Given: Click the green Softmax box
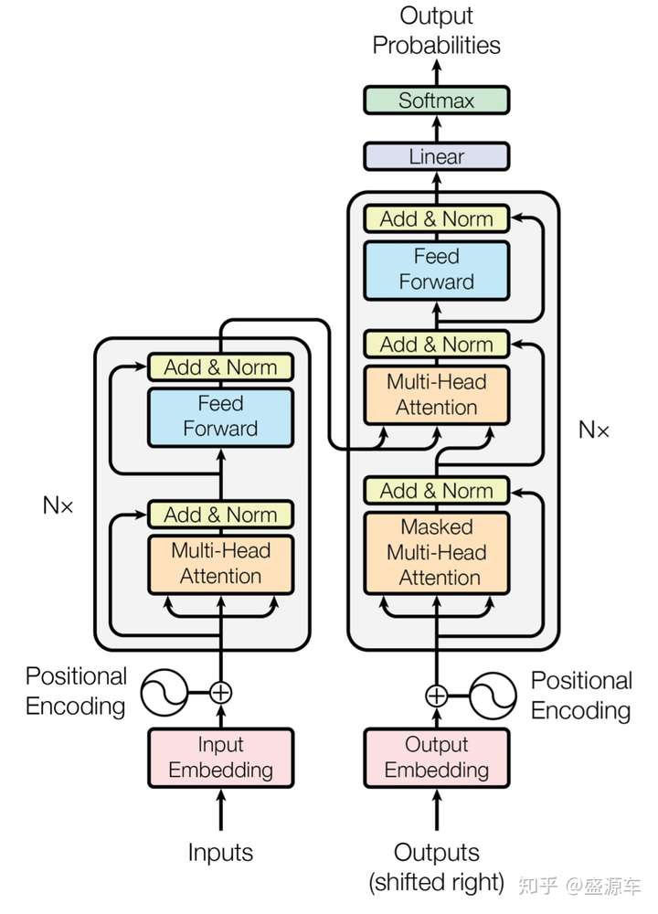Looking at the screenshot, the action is (x=437, y=101).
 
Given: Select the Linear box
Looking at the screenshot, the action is (x=437, y=156).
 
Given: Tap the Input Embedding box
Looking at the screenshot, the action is (x=221, y=758).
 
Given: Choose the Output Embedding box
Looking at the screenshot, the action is (x=437, y=758).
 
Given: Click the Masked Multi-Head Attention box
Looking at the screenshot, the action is (x=437, y=553).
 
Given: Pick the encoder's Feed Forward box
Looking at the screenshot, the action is (x=221, y=417).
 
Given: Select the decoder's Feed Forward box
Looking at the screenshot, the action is (x=437, y=271).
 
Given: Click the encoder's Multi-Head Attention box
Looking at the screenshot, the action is (x=221, y=564).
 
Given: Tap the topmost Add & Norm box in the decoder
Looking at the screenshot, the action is (x=437, y=218).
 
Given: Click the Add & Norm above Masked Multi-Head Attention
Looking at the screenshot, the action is (x=437, y=490).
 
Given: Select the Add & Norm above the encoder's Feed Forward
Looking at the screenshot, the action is (x=221, y=367).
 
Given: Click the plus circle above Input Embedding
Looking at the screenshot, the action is (x=221, y=693).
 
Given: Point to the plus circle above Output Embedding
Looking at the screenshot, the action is (x=437, y=696).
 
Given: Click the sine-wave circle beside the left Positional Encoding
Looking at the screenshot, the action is (x=164, y=693).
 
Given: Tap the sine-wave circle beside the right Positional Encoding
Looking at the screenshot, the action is (x=493, y=696).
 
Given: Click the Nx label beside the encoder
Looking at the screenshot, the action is (x=58, y=505).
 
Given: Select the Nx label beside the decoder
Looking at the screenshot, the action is (x=594, y=430).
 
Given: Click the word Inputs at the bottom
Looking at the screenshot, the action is (x=220, y=852).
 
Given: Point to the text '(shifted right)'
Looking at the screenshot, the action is (x=437, y=883).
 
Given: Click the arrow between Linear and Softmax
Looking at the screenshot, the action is (x=437, y=128).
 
